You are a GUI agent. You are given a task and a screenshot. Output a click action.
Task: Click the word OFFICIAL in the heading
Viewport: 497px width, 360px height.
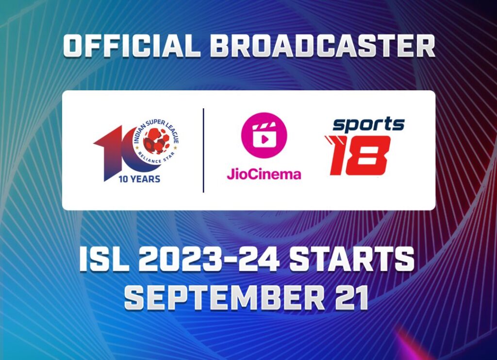(x=132, y=46)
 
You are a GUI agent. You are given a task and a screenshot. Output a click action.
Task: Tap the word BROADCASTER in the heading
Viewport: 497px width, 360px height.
(x=322, y=46)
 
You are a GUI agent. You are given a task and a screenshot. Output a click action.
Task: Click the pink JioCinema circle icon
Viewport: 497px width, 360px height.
(x=264, y=136)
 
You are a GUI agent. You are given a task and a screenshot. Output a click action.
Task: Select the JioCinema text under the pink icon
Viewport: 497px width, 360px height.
(x=264, y=173)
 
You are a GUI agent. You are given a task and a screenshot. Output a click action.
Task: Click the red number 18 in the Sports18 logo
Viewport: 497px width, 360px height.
(x=358, y=155)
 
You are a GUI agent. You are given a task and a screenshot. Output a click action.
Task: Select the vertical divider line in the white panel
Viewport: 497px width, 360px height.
(x=203, y=150)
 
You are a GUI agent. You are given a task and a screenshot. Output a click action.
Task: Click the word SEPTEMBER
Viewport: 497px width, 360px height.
(x=225, y=297)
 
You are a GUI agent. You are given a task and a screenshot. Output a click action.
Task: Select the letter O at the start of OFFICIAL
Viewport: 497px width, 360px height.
(x=75, y=46)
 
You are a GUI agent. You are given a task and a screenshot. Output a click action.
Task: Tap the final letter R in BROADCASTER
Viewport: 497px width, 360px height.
(x=424, y=46)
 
